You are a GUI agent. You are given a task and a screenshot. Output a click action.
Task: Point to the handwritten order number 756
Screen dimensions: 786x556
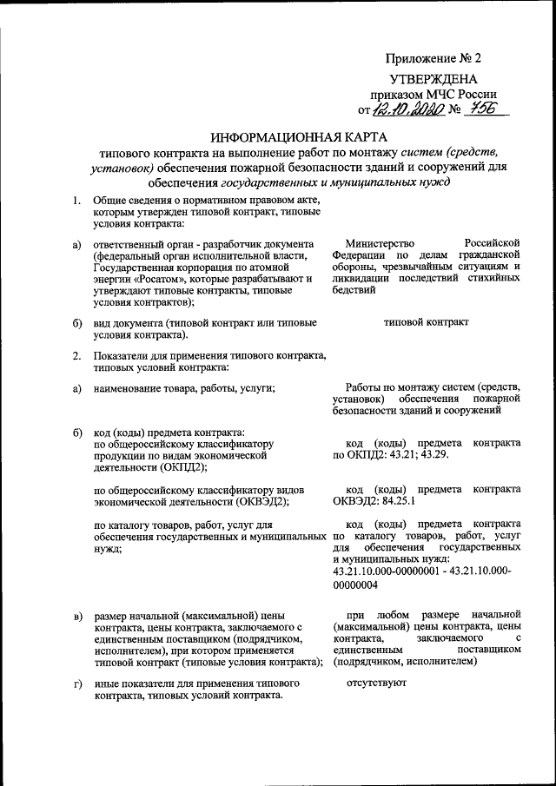tap(486, 109)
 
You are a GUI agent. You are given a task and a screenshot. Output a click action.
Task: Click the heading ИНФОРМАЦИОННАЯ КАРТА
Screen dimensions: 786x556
tap(296, 138)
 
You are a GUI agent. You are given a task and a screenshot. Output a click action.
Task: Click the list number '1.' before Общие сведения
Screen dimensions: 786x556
tap(76, 201)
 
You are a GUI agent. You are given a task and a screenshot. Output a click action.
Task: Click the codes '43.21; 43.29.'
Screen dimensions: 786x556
tap(409, 455)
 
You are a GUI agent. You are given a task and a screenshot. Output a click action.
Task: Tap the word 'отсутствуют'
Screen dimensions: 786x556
tap(376, 683)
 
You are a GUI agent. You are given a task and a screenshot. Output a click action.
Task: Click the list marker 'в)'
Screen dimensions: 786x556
tap(77, 617)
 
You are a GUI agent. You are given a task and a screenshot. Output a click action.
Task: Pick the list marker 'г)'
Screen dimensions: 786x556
tap(77, 684)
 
